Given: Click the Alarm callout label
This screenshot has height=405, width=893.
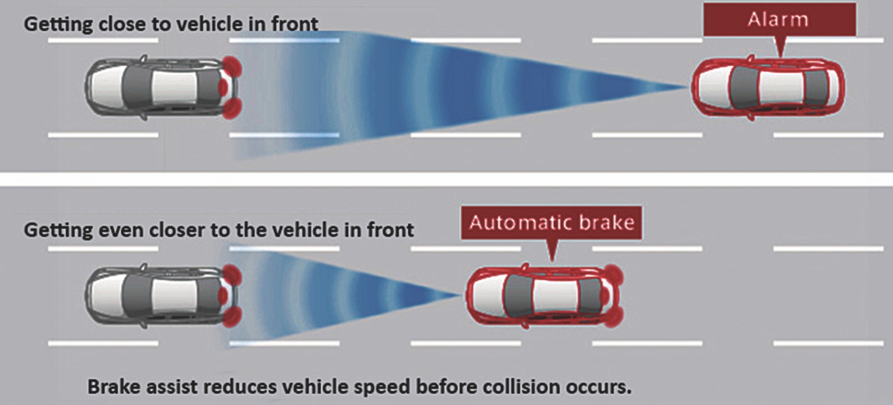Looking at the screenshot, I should pos(780,21).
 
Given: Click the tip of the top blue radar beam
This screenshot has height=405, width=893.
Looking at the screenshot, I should pos(687,88).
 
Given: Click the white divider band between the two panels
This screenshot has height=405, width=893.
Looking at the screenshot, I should pos(446,179).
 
